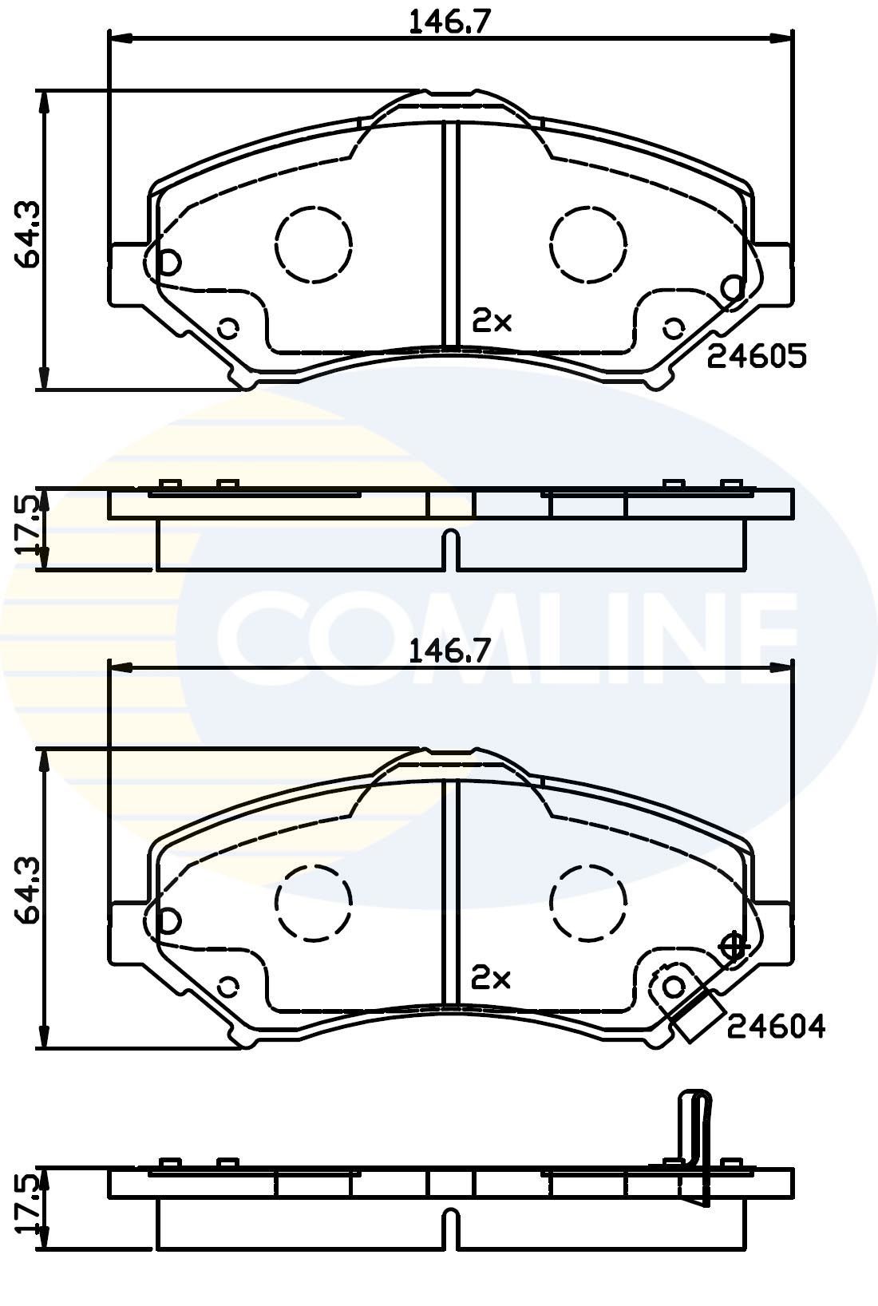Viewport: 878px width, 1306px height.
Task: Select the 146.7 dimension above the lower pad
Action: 449,652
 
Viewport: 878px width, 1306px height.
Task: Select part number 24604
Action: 775,1025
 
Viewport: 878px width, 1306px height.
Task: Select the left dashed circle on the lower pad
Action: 314,901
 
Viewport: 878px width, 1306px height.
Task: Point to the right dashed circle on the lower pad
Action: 589,901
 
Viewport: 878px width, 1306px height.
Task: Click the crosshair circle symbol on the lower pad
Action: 733,947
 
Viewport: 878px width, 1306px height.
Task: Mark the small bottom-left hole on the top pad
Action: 228,327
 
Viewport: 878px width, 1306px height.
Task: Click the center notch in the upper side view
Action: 451,548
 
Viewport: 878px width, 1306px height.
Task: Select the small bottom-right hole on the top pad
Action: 674,327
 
